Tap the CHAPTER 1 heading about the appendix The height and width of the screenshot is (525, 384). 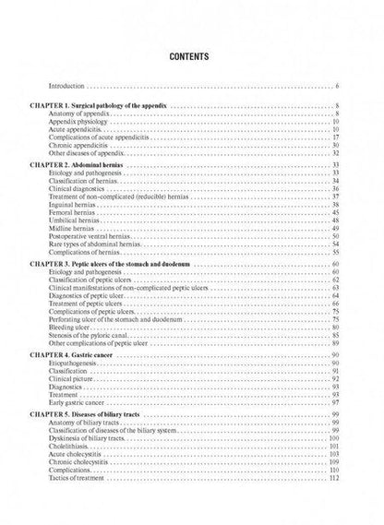[x=112, y=108]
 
